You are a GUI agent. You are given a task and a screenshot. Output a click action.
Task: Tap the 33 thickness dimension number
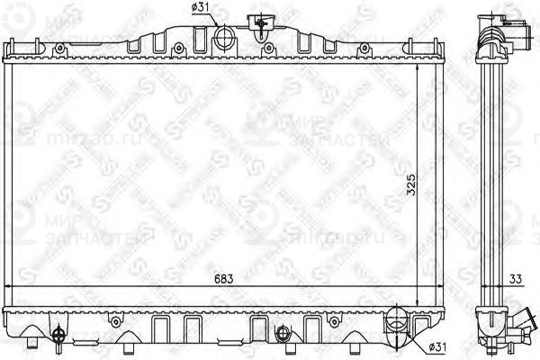[x=514, y=279]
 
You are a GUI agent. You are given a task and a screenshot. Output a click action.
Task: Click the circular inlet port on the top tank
[x=223, y=37]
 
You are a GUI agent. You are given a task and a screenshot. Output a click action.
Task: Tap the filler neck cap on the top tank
[x=261, y=22]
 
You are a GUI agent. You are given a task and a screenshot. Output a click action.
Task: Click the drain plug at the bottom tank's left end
[x=57, y=334]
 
